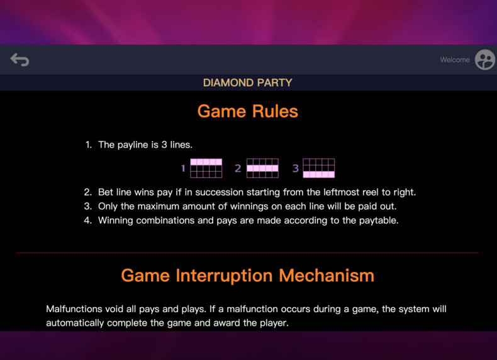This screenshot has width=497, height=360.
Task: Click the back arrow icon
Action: click(x=20, y=60)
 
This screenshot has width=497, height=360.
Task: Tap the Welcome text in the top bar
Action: click(x=454, y=60)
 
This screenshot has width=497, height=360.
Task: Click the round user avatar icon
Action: click(x=484, y=60)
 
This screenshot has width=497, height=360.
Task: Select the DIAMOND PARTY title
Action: click(x=247, y=82)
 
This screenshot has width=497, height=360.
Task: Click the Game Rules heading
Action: click(x=247, y=111)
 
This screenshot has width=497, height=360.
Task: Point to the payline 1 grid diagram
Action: click(x=206, y=168)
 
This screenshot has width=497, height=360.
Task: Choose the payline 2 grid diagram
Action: click(x=262, y=168)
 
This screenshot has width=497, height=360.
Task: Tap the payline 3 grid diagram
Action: click(x=319, y=168)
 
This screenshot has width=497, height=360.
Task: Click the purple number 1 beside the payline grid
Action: click(x=183, y=168)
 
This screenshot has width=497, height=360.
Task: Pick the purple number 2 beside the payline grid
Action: click(x=238, y=168)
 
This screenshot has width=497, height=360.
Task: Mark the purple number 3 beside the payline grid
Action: click(x=296, y=168)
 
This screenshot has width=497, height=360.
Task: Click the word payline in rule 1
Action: click(x=133, y=145)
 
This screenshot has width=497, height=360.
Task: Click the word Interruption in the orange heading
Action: click(x=224, y=276)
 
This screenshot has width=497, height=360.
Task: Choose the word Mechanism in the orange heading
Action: click(x=327, y=275)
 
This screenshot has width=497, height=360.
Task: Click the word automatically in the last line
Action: click(x=75, y=323)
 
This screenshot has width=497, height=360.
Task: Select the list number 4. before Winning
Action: click(x=88, y=220)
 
